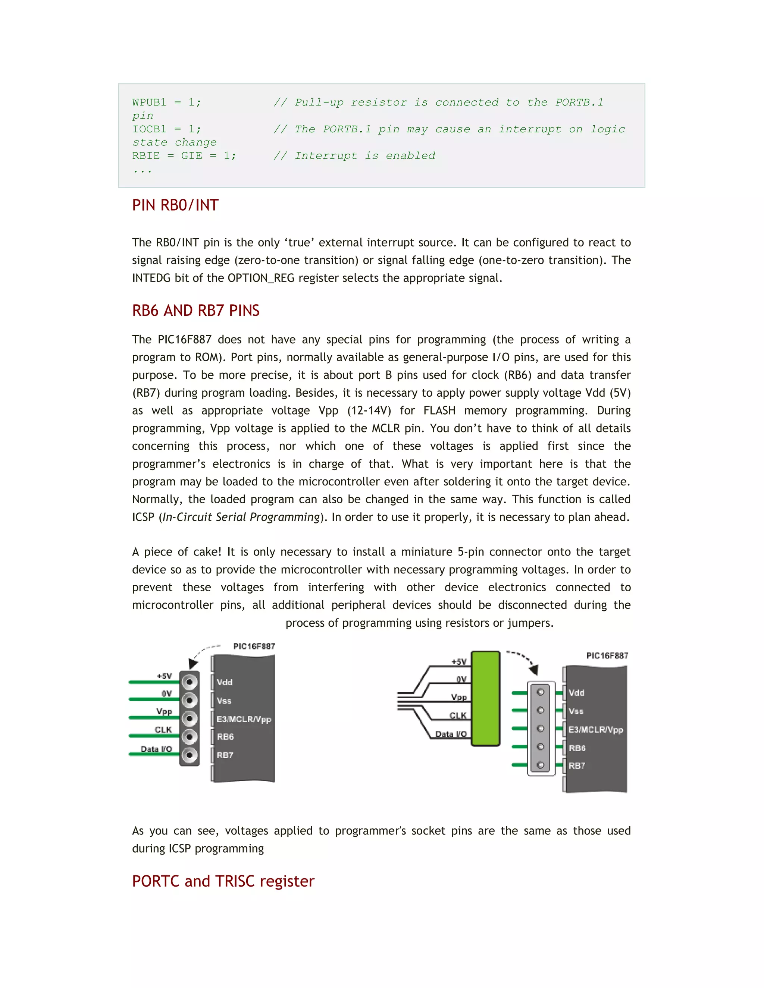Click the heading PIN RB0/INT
(175, 205)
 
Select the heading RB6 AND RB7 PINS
(195, 311)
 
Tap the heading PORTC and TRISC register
(223, 881)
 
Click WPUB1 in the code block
(149, 103)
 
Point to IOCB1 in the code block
(149, 129)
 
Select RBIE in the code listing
(146, 156)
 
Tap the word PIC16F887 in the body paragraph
(184, 340)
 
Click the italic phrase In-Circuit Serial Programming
(241, 517)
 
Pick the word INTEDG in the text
(151, 278)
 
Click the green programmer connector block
(485, 698)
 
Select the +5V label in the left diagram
(164, 676)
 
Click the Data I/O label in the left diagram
(156, 749)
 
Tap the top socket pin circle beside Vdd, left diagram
(190, 682)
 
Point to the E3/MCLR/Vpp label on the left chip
(244, 719)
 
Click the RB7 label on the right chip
(577, 766)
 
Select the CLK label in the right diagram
(458, 716)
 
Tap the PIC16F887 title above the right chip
(607, 656)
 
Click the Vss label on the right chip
(576, 711)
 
